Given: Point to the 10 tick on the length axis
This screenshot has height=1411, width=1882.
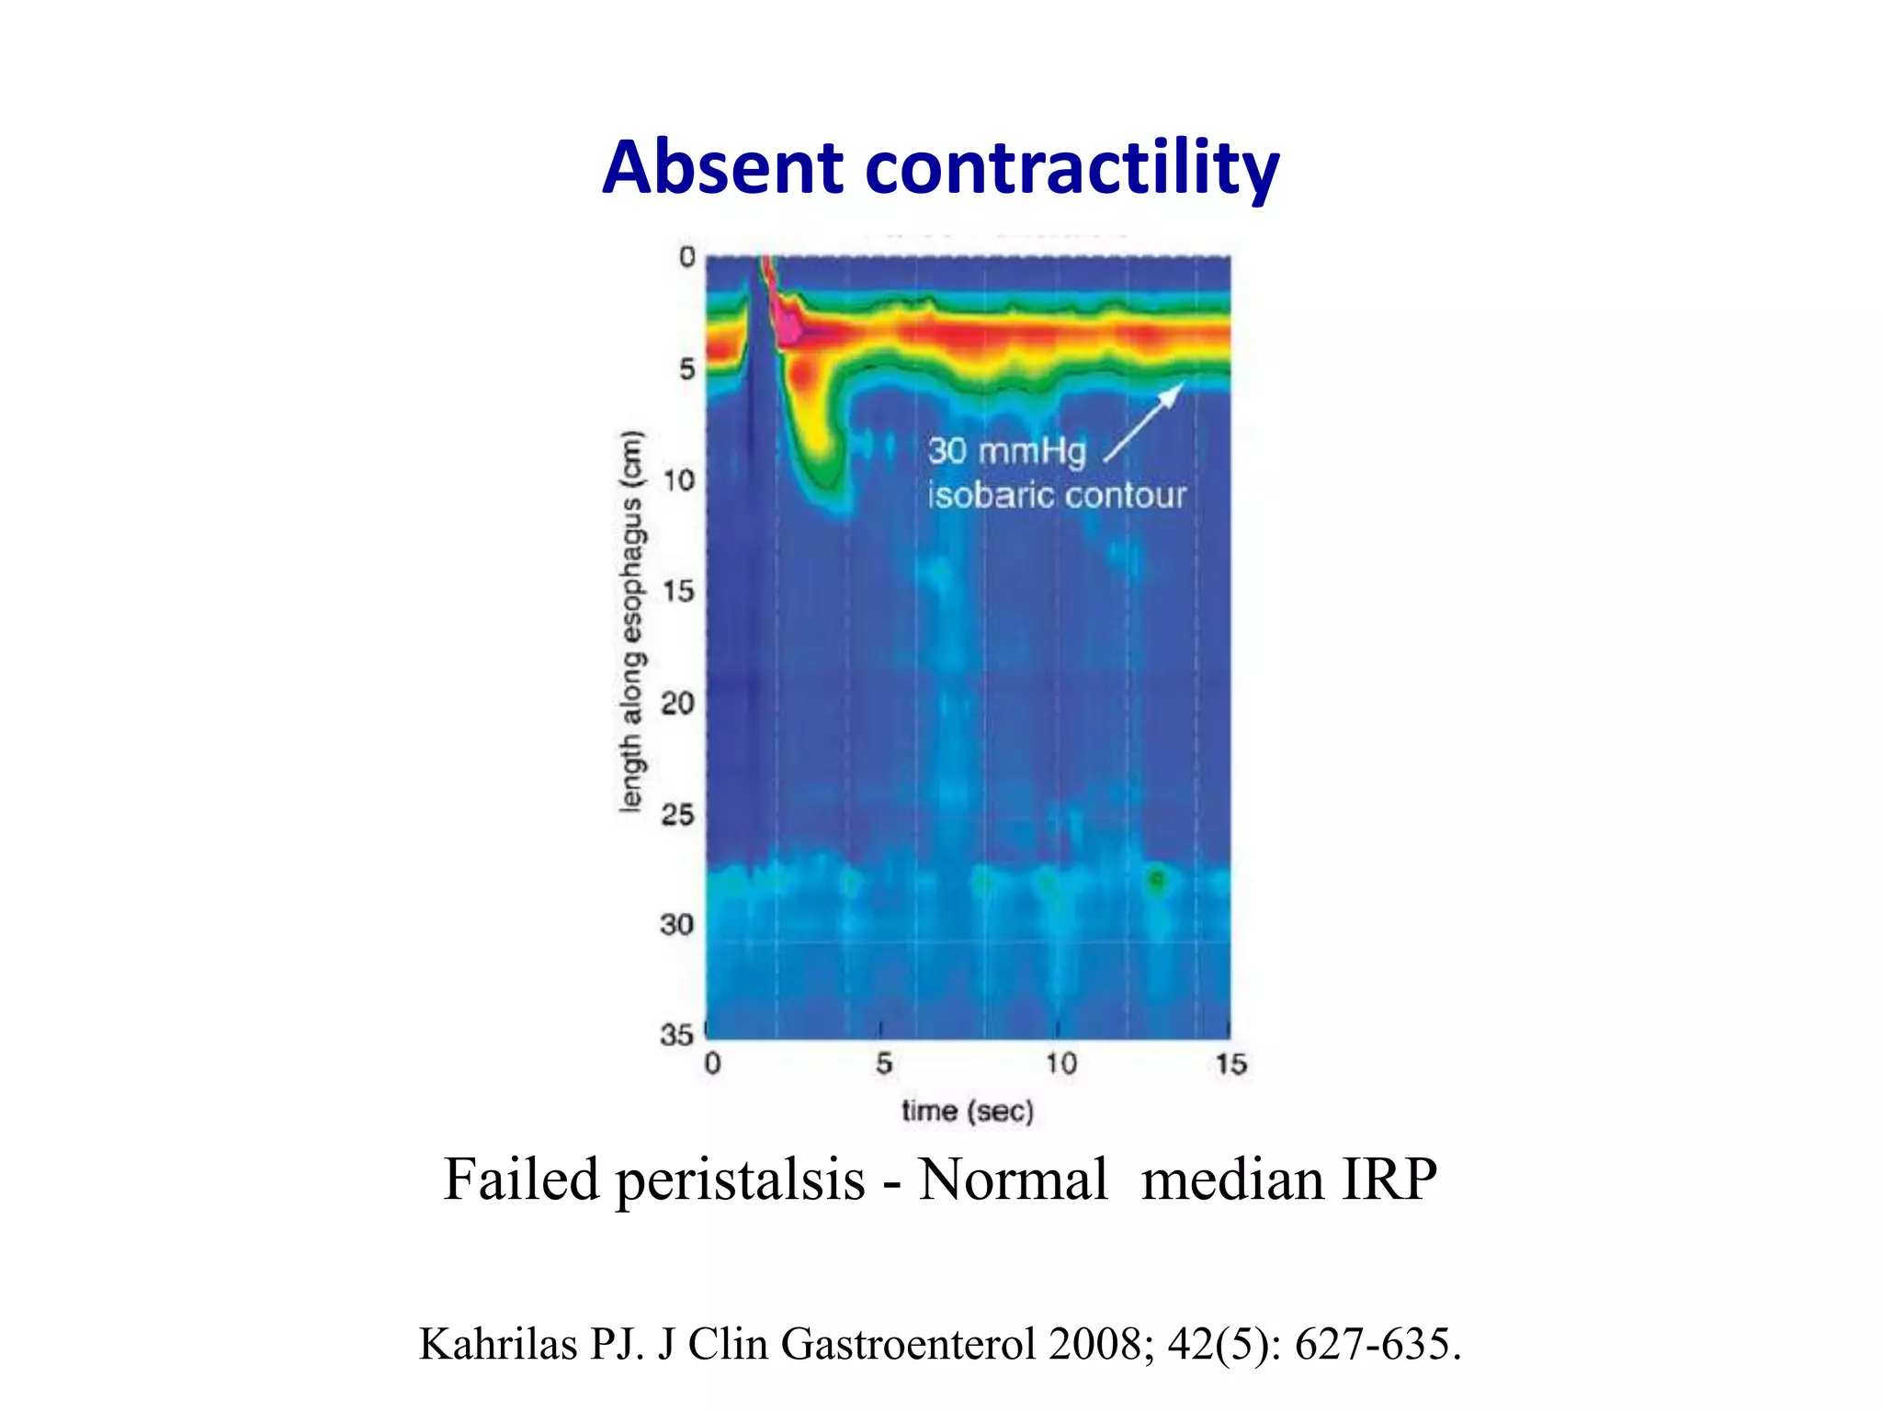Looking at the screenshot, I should [x=679, y=480].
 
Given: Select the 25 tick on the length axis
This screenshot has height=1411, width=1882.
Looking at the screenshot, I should [x=678, y=814].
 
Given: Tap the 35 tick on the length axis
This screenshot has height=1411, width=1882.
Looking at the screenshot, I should [x=676, y=1035].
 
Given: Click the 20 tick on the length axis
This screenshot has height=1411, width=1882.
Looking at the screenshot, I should [x=678, y=704].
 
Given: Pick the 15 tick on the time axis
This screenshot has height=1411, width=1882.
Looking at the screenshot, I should [x=1230, y=1065].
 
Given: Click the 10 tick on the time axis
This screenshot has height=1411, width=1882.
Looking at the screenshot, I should [x=1060, y=1065].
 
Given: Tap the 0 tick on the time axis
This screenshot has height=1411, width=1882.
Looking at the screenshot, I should [x=712, y=1065].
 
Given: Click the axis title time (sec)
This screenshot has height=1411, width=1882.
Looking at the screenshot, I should [x=968, y=1112].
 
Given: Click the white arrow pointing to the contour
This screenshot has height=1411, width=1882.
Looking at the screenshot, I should [x=1144, y=422].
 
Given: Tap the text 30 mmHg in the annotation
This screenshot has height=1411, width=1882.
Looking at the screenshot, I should [x=1006, y=451].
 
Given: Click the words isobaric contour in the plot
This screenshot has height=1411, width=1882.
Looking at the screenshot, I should [x=1057, y=496].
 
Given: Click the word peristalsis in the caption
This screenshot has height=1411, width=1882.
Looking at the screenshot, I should [x=740, y=1180].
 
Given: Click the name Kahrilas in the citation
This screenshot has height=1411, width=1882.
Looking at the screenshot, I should [x=497, y=1345].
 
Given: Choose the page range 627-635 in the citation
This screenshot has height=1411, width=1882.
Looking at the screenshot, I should [x=1376, y=1345].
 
